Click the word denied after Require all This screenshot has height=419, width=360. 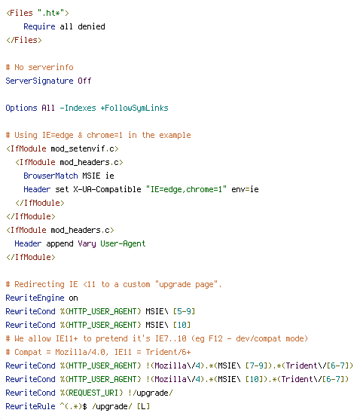pos(91,26)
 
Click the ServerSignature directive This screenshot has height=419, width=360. pos(39,81)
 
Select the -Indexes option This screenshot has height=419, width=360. pos(78,108)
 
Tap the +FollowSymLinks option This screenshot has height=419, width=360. pos(134,109)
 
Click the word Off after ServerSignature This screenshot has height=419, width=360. pos(84,81)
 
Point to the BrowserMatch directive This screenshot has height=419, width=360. pos(50,176)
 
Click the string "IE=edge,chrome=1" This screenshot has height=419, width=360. pos(186,189)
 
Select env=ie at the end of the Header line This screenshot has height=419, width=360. pos(245,189)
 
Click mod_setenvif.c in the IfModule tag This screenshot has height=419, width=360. pos(82,148)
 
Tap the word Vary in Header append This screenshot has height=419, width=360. pos(87,243)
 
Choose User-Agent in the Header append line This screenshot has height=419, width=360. pos(123,243)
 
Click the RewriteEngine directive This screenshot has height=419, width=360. pos(35,298)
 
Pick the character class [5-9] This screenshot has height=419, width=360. pos(184,311)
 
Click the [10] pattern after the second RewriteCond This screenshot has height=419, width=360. pos(182,326)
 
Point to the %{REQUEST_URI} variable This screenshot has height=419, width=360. pos(91,393)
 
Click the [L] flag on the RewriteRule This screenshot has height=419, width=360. pos(143,406)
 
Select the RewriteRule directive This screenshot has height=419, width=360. pos(30,406)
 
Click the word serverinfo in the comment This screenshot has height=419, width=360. pos(50,67)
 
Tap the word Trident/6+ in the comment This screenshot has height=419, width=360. pos(168,352)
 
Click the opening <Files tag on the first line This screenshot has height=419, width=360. pos(20,13)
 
